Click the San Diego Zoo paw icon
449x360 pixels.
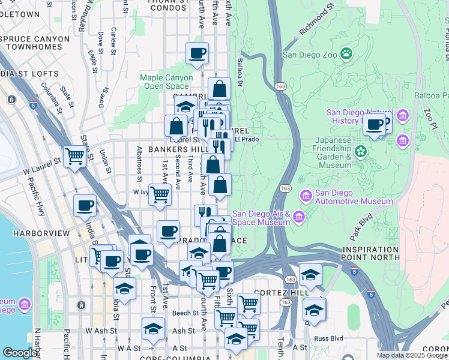(x=346, y=55)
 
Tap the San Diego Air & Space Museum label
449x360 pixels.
(x=261, y=218)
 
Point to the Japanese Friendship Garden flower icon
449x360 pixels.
(x=361, y=151)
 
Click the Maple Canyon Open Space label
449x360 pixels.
(x=166, y=82)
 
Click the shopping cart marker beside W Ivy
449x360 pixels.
(x=160, y=194)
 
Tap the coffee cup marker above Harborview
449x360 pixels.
(x=85, y=205)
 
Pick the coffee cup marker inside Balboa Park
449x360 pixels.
(x=374, y=125)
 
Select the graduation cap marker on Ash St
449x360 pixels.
(x=153, y=328)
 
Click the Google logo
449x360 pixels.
(x=19, y=352)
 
